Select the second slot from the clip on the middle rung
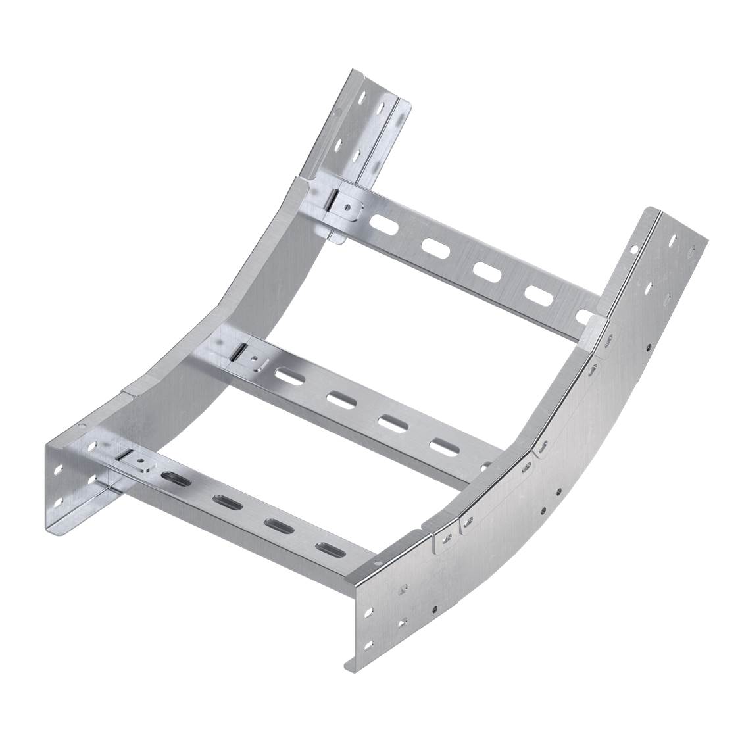click(341, 399)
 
